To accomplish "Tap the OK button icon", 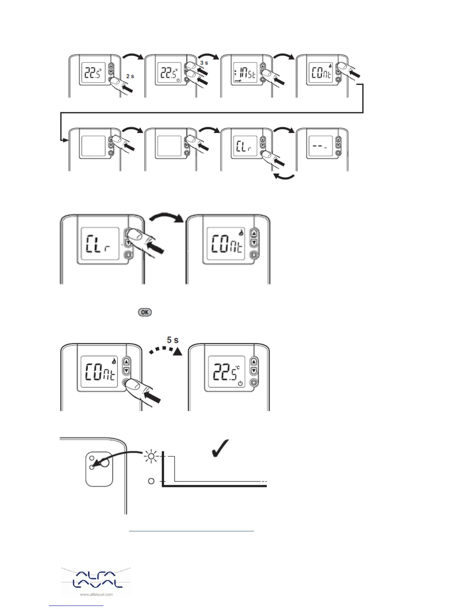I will tap(145, 312).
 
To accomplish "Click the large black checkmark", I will tap(220, 448).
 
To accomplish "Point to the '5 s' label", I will tap(172, 340).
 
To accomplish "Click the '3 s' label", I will tap(204, 63).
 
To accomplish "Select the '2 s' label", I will tap(130, 76).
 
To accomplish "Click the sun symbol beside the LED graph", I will tap(151, 456).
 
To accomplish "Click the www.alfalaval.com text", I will tap(96, 594).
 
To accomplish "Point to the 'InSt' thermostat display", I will tap(245, 73).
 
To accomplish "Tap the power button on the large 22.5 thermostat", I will tap(254, 383).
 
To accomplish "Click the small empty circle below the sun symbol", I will tap(151, 481).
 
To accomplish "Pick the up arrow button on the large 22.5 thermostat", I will tap(254, 361).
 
